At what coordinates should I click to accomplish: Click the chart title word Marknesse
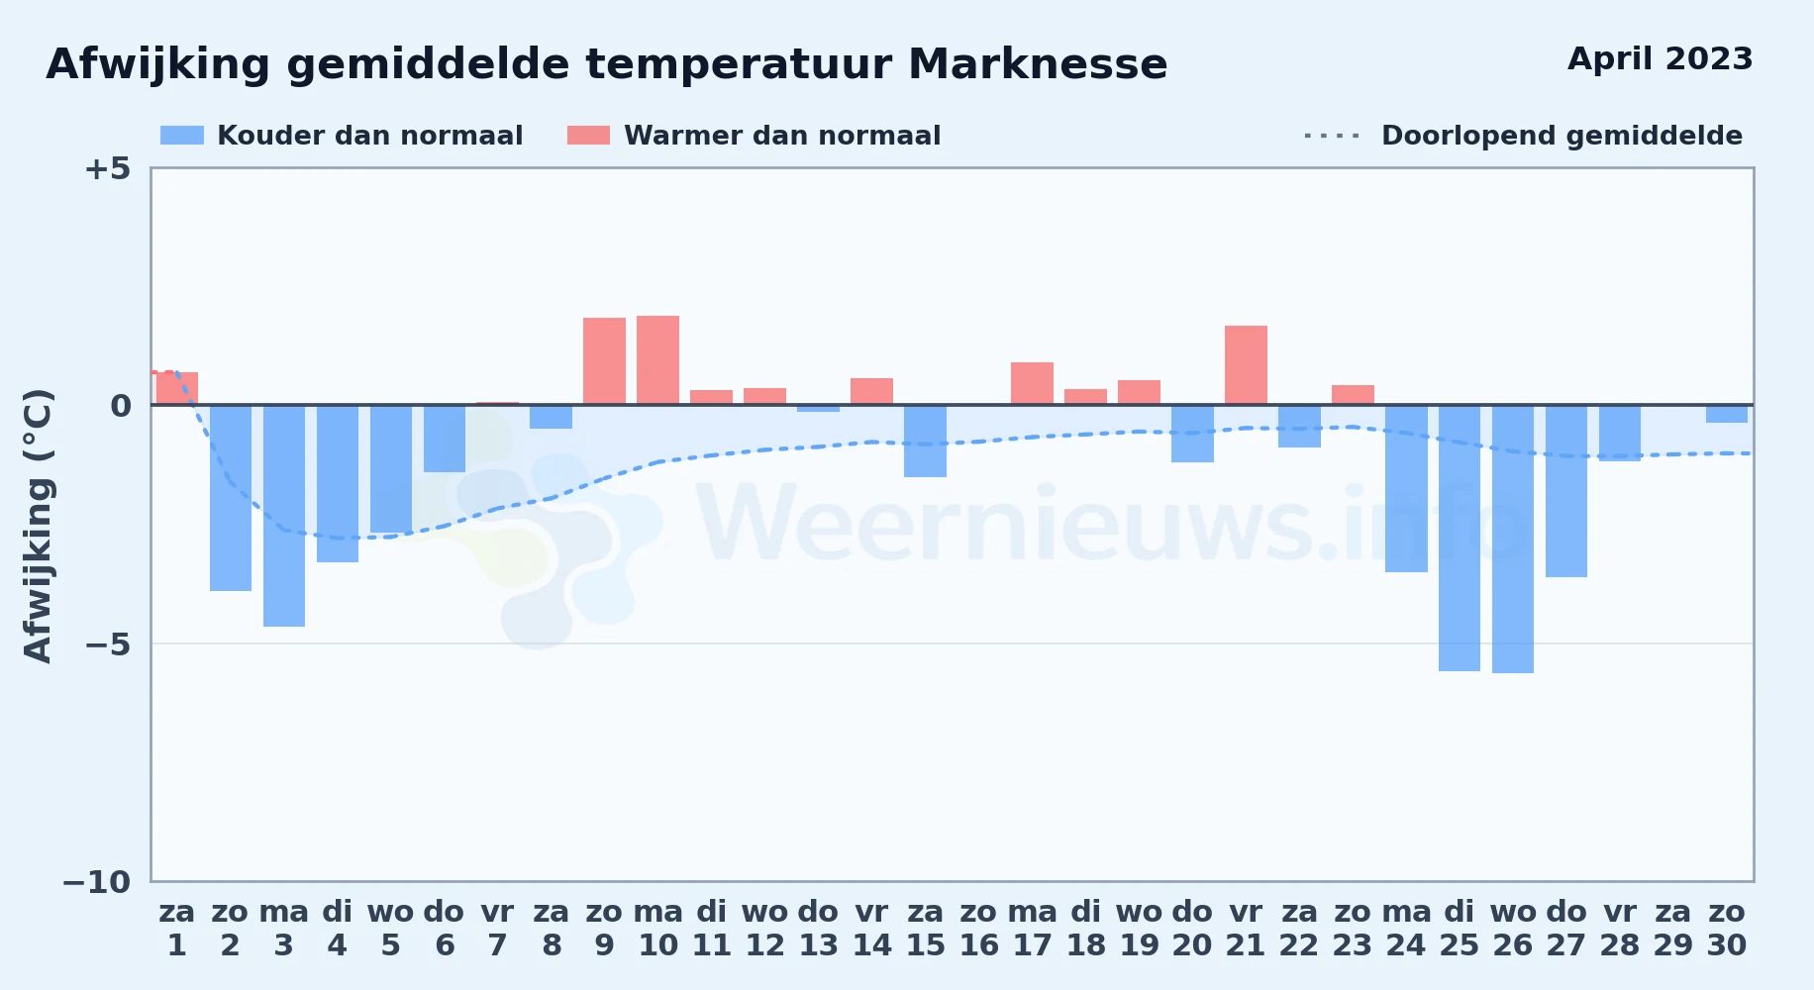(1037, 64)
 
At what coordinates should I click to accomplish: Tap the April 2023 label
(1660, 58)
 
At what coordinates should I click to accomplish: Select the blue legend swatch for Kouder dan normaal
(182, 136)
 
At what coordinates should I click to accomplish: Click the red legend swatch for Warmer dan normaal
(588, 136)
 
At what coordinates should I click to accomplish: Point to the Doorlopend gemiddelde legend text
(1562, 136)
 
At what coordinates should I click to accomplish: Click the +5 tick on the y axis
(107, 168)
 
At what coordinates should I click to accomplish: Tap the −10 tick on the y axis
(97, 882)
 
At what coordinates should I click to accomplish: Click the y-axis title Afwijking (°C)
(38, 525)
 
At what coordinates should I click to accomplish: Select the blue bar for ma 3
(284, 516)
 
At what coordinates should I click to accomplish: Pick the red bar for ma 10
(657, 360)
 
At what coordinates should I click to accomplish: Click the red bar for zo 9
(604, 361)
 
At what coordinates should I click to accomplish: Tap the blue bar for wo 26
(1513, 539)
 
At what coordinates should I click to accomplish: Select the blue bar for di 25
(1460, 538)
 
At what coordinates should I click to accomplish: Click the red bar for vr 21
(1246, 365)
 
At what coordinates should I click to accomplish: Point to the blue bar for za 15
(925, 441)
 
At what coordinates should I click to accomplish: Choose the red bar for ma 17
(1032, 383)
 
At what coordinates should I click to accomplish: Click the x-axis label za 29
(1673, 928)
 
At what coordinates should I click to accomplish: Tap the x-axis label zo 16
(978, 928)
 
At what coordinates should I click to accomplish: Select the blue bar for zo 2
(231, 498)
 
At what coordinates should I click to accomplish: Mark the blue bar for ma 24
(1406, 488)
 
